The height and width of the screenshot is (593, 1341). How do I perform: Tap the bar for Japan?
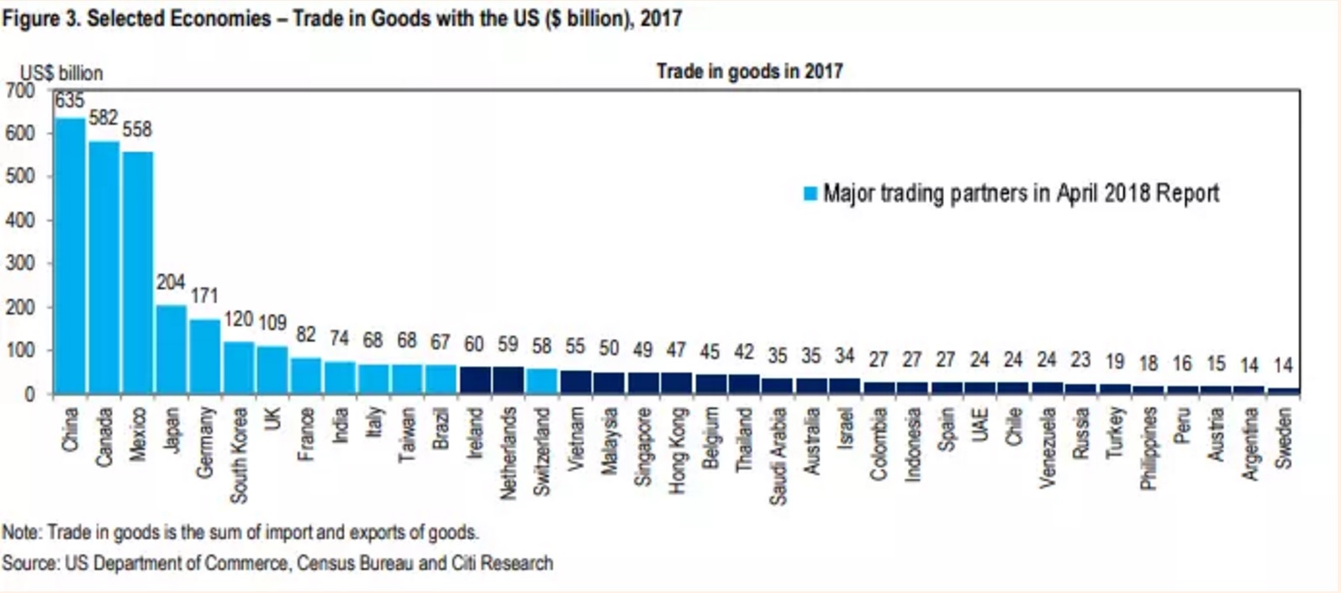(172, 348)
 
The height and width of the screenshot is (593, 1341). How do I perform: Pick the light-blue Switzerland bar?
(542, 381)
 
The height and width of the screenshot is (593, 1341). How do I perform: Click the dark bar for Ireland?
(475, 380)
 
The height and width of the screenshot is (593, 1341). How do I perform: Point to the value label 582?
(103, 118)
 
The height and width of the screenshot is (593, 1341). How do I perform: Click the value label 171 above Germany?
(204, 296)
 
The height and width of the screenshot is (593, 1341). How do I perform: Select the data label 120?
(239, 320)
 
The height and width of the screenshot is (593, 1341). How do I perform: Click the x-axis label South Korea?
(239, 455)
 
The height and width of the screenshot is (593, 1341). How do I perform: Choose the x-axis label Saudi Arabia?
(778, 456)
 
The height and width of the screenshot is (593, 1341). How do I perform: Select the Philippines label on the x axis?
(1148, 447)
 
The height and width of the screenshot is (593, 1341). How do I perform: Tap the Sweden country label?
(1283, 437)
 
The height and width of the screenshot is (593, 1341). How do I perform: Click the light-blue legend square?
(810, 194)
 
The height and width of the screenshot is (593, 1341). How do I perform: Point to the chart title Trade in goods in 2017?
(749, 71)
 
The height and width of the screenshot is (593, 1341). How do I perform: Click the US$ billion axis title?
(61, 73)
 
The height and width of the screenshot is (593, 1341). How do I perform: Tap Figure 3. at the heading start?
(40, 19)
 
